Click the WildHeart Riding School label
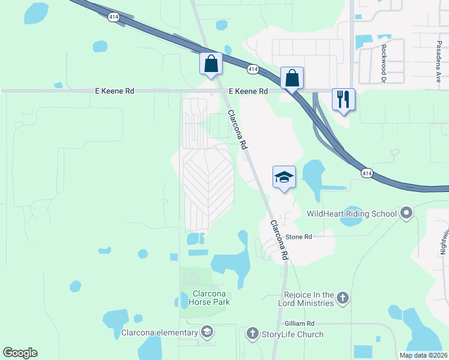[x=352, y=214]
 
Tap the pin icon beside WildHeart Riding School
[x=407, y=213]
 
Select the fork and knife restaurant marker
[x=343, y=99]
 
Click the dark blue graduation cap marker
[x=285, y=177]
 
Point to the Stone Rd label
[x=298, y=237]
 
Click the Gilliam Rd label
[x=300, y=323]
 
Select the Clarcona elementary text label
[x=160, y=332]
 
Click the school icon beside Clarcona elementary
[x=206, y=332]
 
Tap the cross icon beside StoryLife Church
[x=252, y=334]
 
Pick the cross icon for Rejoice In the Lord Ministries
[x=342, y=298]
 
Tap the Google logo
[x=20, y=353]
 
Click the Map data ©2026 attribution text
[x=423, y=355]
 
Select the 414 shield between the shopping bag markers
[x=253, y=70]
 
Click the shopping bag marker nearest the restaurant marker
[x=292, y=77]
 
